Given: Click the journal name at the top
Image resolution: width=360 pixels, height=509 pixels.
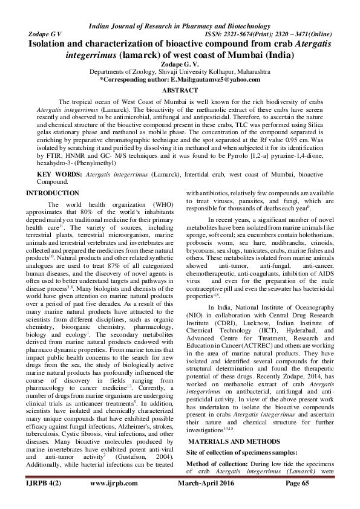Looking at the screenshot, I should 180,26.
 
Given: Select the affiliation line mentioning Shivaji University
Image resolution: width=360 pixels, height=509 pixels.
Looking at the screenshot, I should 180,71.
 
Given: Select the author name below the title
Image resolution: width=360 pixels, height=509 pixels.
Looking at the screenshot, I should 180,63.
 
